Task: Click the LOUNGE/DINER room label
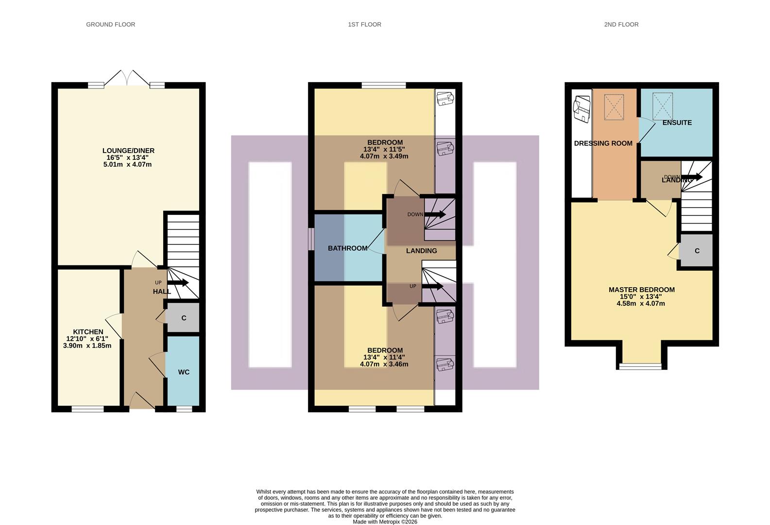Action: [x=128, y=151]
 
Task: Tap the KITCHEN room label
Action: [x=88, y=332]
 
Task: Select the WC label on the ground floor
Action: [x=184, y=372]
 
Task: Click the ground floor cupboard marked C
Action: [x=184, y=318]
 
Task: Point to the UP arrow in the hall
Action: [x=178, y=282]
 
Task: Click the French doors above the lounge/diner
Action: [x=127, y=79]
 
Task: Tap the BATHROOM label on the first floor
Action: [x=347, y=248]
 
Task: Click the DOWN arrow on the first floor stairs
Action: [x=435, y=214]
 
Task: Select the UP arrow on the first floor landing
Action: [x=433, y=286]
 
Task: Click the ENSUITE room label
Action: [x=677, y=122]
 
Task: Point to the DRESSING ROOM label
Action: [x=603, y=143]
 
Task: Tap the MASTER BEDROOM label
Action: [x=641, y=290]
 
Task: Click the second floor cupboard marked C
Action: [x=697, y=251]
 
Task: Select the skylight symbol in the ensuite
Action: [x=663, y=106]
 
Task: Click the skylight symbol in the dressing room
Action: [x=614, y=107]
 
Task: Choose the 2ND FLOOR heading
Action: [x=621, y=24]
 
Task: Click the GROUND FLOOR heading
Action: [x=110, y=24]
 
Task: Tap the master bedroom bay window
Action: [x=640, y=366]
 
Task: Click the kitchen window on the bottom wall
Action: [x=87, y=409]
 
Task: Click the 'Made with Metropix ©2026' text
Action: [x=385, y=522]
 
